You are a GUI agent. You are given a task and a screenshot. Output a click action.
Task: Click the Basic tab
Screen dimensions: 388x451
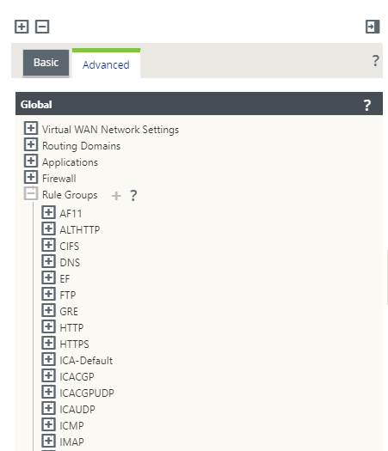tap(46, 63)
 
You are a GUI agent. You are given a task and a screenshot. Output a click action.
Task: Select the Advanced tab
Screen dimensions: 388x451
tap(106, 64)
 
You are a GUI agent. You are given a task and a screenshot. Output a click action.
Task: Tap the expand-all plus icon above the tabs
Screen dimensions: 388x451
tap(22, 27)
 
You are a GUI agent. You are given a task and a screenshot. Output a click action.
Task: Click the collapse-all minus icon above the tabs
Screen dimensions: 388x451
tap(42, 27)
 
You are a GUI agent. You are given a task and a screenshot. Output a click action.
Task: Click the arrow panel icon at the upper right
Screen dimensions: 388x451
tap(373, 27)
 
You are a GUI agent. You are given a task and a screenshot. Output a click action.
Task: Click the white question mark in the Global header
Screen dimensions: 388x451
tap(367, 106)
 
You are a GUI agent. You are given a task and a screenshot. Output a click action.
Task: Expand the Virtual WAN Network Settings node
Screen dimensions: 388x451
tap(31, 128)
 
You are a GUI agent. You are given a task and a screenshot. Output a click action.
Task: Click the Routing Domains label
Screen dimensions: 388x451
tap(81, 146)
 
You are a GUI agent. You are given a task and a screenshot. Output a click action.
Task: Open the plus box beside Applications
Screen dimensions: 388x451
tap(31, 161)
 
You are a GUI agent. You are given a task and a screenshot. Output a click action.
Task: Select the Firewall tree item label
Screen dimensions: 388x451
tap(59, 179)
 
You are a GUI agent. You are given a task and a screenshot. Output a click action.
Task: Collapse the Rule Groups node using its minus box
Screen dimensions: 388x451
tap(31, 193)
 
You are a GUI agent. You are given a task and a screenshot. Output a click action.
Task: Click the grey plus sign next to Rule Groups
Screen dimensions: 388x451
tap(116, 196)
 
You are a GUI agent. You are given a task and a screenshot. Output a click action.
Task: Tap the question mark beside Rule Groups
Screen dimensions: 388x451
tap(133, 196)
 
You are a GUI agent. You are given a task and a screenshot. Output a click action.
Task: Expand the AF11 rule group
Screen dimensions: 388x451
tap(48, 212)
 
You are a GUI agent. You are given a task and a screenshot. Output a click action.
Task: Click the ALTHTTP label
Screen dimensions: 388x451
tap(80, 230)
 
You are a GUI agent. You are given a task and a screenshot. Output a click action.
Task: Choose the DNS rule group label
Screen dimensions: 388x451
tap(70, 262)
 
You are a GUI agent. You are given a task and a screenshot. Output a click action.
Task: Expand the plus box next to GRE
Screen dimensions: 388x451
tap(48, 310)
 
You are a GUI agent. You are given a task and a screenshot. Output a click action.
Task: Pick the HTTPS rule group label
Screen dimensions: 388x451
tap(74, 344)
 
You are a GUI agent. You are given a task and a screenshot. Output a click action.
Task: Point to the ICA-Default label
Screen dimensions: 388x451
tap(86, 361)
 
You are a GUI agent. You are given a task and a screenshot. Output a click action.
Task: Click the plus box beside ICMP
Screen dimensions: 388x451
tap(48, 424)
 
